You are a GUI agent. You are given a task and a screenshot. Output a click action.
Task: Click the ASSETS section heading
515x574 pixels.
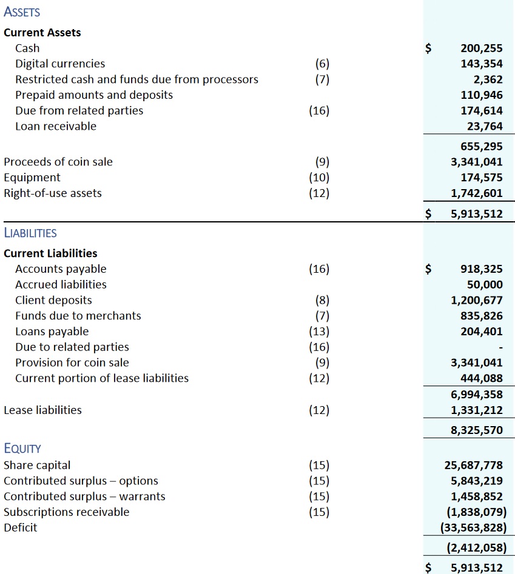tap(22, 12)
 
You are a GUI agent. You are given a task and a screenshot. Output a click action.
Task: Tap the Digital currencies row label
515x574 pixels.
tap(60, 64)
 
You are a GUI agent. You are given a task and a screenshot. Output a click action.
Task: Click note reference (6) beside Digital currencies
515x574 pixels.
tap(323, 64)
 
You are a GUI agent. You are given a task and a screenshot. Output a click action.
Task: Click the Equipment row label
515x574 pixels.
tap(32, 178)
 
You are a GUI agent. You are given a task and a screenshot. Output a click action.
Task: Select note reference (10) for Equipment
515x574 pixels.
tap(320, 178)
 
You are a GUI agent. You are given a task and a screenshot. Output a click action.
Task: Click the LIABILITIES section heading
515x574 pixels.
tap(30, 233)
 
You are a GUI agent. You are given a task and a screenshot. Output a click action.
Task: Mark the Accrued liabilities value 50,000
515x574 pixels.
tap(485, 285)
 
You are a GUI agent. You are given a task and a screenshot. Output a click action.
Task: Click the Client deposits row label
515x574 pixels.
tap(53, 301)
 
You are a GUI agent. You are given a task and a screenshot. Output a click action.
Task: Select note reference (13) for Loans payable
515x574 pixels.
tap(320, 332)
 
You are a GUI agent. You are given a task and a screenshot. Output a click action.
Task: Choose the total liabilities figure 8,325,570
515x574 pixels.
tap(477, 431)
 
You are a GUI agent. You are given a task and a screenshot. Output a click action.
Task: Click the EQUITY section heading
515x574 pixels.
tap(22, 449)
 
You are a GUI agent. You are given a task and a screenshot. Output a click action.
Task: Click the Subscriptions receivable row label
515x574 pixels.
tap(67, 512)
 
